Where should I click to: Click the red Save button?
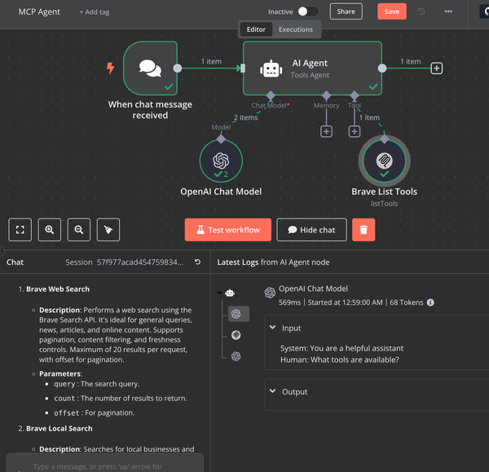pyautogui.click(x=391, y=11)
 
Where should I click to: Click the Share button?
pyautogui.click(x=346, y=11)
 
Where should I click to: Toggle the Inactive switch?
pyautogui.click(x=307, y=11)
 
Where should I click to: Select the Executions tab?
pyautogui.click(x=295, y=29)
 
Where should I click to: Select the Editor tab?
pyautogui.click(x=256, y=29)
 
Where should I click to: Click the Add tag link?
pyautogui.click(x=95, y=12)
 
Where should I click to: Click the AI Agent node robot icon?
pyautogui.click(x=271, y=68)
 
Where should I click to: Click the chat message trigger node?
pyautogui.click(x=150, y=68)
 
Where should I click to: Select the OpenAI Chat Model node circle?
pyautogui.click(x=221, y=161)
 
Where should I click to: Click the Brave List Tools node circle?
pyautogui.click(x=384, y=161)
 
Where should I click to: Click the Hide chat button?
pyautogui.click(x=311, y=230)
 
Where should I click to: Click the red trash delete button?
pyautogui.click(x=363, y=230)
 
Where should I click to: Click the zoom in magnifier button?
pyautogui.click(x=50, y=230)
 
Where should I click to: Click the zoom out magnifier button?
pyautogui.click(x=79, y=230)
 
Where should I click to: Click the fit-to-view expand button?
pyautogui.click(x=20, y=230)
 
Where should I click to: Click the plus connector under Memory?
pyautogui.click(x=326, y=131)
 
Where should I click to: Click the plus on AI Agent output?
pyautogui.click(x=437, y=68)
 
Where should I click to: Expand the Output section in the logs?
pyautogui.click(x=272, y=391)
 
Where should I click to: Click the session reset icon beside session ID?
pyautogui.click(x=197, y=262)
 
